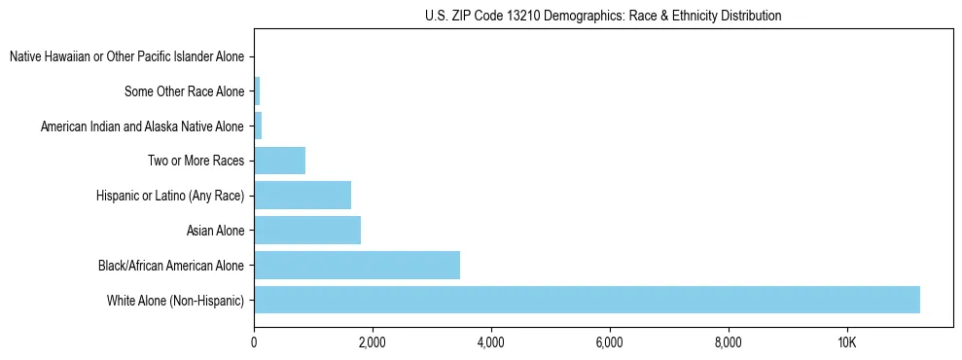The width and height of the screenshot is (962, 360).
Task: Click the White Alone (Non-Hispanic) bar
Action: click(587, 300)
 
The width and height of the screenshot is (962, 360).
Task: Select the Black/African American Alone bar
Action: click(357, 265)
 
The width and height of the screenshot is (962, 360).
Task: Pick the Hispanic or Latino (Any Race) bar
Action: click(303, 196)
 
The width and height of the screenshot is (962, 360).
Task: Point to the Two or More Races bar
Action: click(280, 161)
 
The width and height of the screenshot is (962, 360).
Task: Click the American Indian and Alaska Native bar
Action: click(258, 126)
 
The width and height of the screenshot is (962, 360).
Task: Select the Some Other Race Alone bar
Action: click(257, 91)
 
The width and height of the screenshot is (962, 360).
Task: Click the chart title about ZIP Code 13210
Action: click(603, 16)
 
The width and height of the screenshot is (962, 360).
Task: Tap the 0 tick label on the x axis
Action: click(254, 342)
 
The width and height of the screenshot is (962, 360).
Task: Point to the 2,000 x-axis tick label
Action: click(373, 342)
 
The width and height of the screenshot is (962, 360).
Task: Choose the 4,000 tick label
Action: click(491, 342)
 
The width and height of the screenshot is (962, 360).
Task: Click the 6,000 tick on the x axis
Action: click(609, 342)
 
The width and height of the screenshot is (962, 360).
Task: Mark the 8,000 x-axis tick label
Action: click(728, 342)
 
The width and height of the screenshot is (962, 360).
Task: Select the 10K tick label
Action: click(846, 342)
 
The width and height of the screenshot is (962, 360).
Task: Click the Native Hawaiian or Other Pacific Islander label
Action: click(126, 57)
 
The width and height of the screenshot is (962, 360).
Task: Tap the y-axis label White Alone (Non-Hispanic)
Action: click(176, 301)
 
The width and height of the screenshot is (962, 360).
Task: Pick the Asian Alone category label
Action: click(215, 231)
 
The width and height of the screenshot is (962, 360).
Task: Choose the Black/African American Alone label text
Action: click(171, 266)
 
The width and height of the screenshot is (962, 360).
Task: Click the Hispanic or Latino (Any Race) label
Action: click(170, 197)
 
